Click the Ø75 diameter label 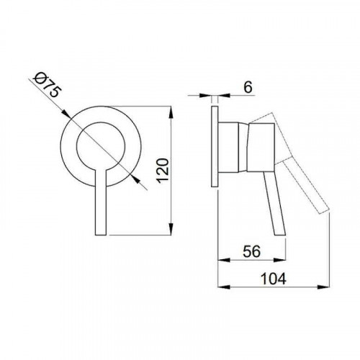tap(47, 85)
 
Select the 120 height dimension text tap(163, 171)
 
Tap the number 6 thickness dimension tap(248, 87)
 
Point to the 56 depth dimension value tap(251, 251)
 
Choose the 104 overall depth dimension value tap(274, 279)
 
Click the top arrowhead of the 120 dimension tap(171, 112)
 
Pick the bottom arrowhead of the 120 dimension tap(171, 229)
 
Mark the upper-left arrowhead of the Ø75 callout tap(66, 114)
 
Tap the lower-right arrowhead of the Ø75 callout tap(136, 179)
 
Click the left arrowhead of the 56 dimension tap(224, 260)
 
